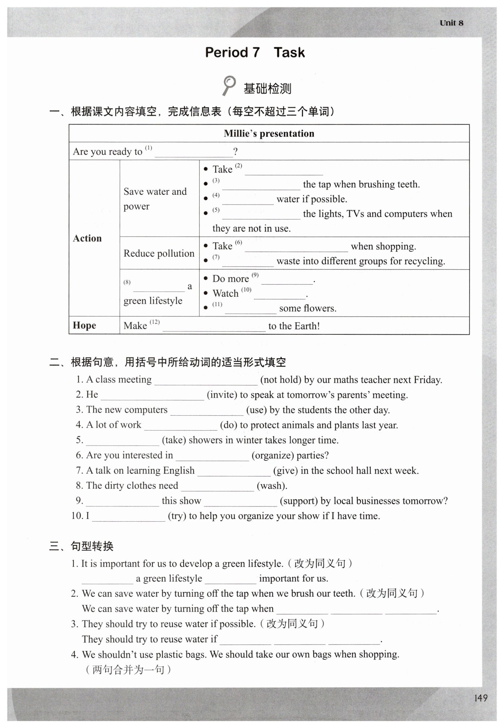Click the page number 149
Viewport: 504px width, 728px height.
(480, 698)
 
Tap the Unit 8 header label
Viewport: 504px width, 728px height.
(451, 23)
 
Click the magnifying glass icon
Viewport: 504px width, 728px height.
(228, 85)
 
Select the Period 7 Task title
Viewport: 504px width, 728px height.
(255, 53)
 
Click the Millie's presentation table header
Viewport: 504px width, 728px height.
(269, 134)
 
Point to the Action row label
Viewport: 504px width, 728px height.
(87, 238)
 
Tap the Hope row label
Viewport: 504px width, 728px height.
(84, 325)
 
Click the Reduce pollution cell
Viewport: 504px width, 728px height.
(159, 253)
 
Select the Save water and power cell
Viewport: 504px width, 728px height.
(155, 199)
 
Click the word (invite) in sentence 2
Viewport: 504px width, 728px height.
(222, 395)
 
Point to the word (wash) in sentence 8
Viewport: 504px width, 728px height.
(272, 486)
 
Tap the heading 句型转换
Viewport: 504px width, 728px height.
(92, 546)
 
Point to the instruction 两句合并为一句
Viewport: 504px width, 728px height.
(128, 670)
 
